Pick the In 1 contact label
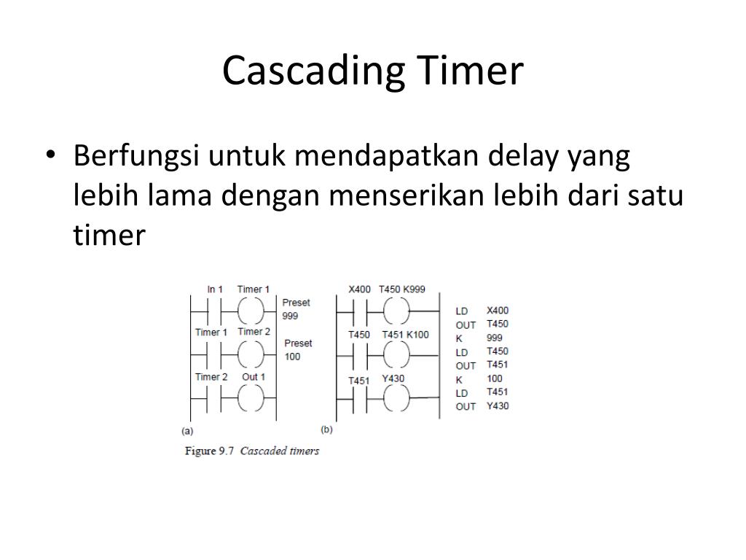coord(215,289)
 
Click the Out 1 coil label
coord(254,377)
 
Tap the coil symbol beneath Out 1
coord(249,398)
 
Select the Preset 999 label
coord(295,309)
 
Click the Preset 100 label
coord(297,349)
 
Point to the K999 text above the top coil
coord(414,289)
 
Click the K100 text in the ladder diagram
coord(417,335)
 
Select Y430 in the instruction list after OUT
coord(498,406)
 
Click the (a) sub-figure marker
coord(186,430)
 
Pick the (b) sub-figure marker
coord(326,430)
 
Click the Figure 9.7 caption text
coord(252,451)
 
